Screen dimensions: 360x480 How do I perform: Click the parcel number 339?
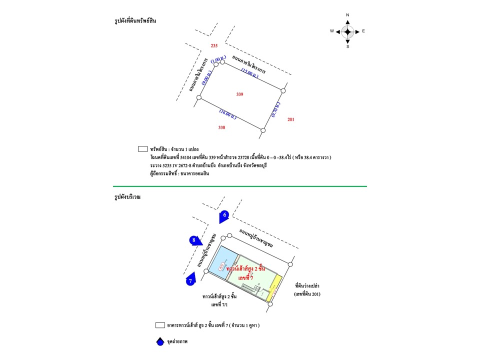click(240, 94)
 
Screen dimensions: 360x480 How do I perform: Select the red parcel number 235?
click(214, 46)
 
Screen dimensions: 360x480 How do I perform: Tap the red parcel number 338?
click(221, 127)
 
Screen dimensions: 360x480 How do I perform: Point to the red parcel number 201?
click(291, 119)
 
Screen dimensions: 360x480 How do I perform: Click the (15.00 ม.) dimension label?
click(249, 74)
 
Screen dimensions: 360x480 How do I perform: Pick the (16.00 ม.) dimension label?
click(227, 114)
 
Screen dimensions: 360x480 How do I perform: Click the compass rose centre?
click(347, 31)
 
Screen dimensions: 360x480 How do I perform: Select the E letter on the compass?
click(363, 31)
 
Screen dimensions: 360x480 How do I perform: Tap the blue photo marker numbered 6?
click(225, 215)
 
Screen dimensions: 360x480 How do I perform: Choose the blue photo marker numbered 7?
click(190, 281)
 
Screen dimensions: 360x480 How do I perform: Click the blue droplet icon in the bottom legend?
click(159, 342)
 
